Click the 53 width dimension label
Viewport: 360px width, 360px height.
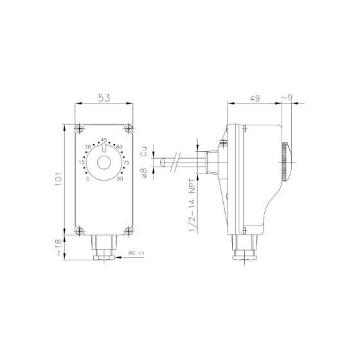104,98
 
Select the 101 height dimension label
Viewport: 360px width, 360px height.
59,179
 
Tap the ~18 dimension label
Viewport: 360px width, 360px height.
59,248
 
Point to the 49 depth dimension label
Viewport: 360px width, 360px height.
255,98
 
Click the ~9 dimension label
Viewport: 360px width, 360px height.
287,98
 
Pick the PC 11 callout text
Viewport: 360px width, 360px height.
136,253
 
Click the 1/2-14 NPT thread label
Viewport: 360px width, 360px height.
192,206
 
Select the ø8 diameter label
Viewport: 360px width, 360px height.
144,173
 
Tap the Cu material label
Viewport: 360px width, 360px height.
144,151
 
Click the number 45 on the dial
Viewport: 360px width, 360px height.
104,139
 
